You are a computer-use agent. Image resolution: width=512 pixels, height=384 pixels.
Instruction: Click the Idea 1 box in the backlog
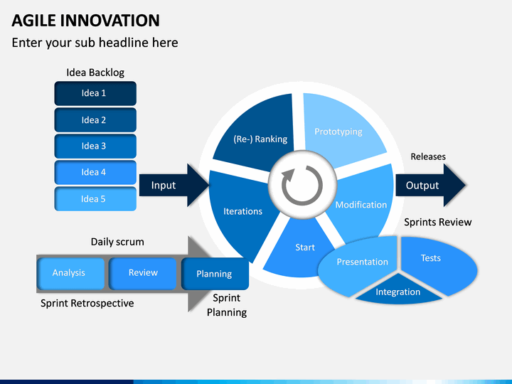95,93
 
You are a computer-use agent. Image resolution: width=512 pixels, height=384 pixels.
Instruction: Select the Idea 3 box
95,146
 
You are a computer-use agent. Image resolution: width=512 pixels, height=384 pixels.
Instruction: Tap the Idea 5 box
95,199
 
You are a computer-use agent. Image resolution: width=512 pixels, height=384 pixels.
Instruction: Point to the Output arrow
430,185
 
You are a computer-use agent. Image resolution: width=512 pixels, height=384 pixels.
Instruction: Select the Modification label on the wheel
361,205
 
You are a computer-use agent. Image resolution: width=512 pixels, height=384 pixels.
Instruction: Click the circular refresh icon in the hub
302,186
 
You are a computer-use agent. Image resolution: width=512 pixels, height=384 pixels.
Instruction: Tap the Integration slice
398,291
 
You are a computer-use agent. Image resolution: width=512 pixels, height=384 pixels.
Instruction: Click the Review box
143,273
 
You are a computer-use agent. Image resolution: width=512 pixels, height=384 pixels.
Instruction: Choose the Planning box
215,274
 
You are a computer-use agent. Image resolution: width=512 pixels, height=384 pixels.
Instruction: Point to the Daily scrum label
117,242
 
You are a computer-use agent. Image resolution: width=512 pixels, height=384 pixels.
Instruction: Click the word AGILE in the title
34,20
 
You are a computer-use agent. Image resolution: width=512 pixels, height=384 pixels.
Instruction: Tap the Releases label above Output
428,156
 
